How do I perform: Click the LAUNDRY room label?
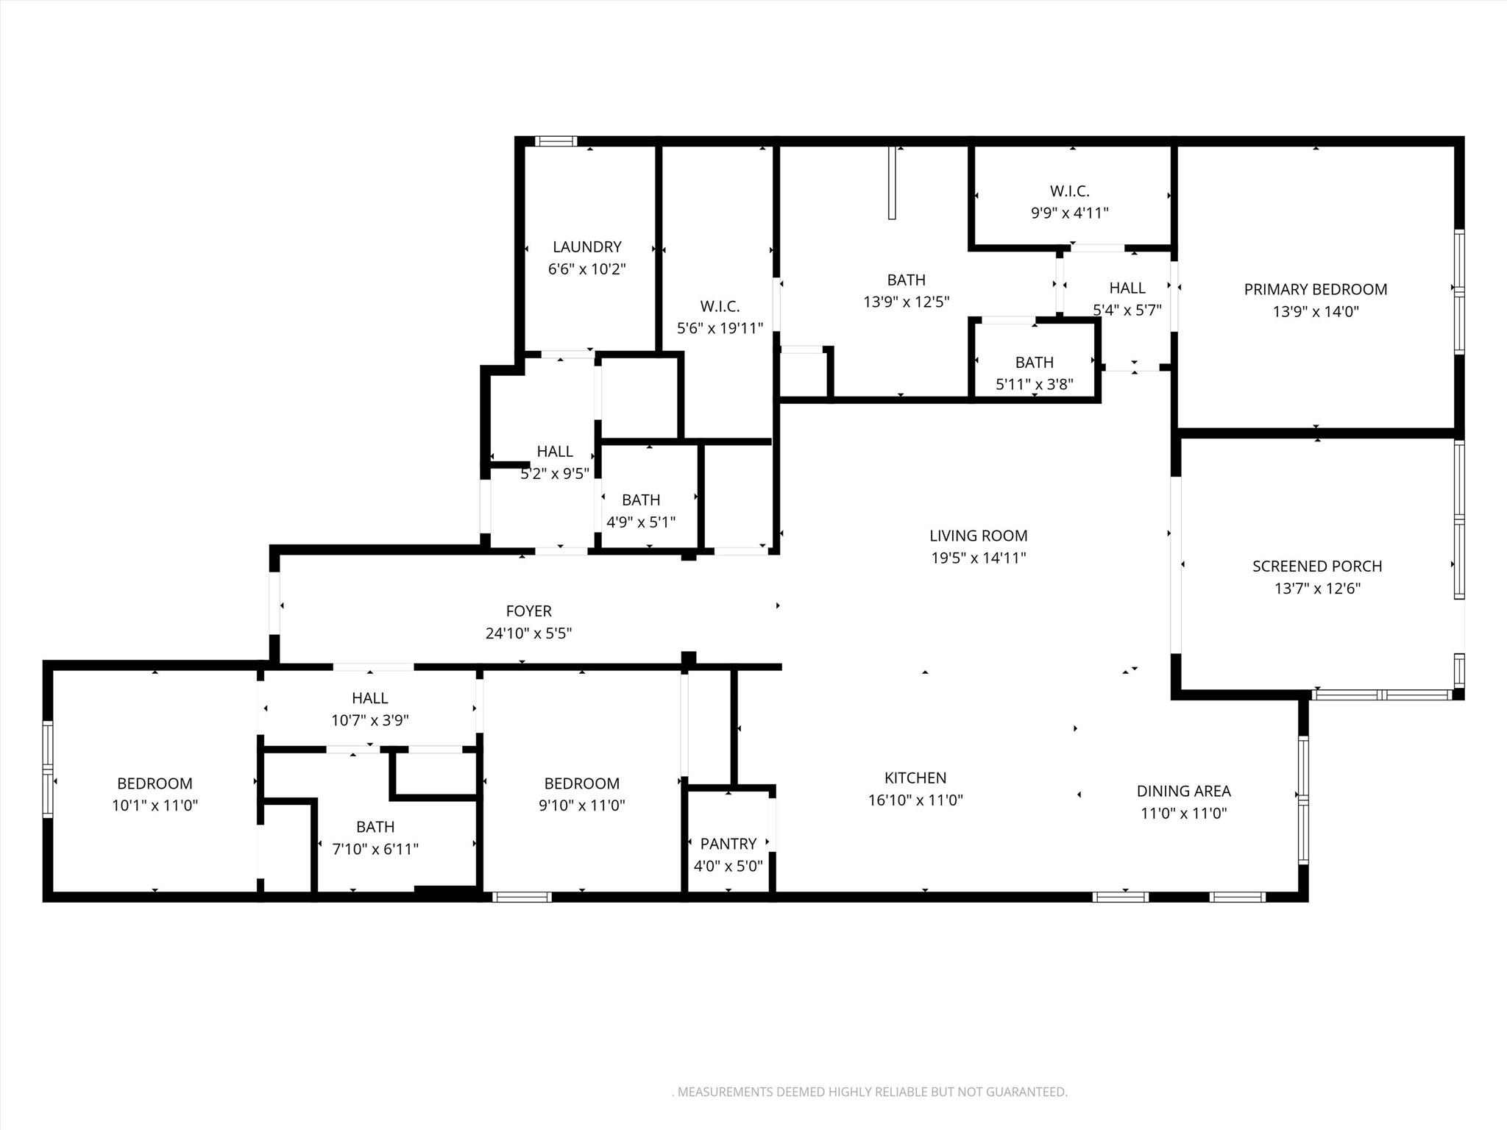coord(586,247)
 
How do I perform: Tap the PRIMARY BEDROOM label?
coord(1315,290)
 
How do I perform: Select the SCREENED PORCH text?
coord(1316,566)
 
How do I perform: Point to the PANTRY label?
coord(728,844)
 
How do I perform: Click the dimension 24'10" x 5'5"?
coord(528,633)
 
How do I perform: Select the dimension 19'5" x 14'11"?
coord(978,558)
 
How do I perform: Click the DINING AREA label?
coord(1183,792)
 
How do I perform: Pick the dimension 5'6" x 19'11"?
coord(720,329)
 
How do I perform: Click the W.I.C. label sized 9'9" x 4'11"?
coord(1069,191)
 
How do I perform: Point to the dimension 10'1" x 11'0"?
coord(155,806)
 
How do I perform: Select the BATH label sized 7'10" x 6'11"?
coord(375,827)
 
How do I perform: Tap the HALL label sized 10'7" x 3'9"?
coord(369,698)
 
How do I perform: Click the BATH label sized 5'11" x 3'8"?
coord(1034,363)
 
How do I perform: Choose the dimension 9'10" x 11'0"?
coord(581,806)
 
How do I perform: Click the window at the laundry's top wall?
coord(556,141)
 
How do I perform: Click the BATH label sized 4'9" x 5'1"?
coord(640,500)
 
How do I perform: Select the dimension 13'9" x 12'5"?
coord(906,302)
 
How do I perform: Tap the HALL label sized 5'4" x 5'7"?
coord(1127,288)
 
